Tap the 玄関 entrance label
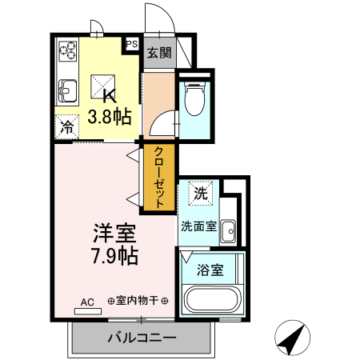click(x=158, y=54)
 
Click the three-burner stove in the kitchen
click(x=66, y=54)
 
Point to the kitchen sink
click(x=66, y=90)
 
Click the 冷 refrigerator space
click(x=67, y=126)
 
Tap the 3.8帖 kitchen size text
click(x=110, y=117)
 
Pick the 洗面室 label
click(x=198, y=226)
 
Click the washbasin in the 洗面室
click(x=228, y=230)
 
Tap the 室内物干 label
click(x=137, y=301)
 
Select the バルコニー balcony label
click(x=142, y=338)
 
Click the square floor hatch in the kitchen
click(x=102, y=84)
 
